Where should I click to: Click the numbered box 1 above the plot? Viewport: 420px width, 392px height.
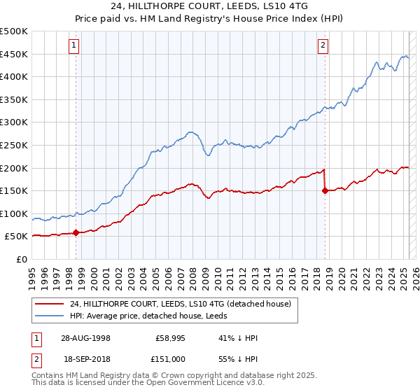[x=74, y=46]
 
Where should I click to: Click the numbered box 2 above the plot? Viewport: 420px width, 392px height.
[x=323, y=46]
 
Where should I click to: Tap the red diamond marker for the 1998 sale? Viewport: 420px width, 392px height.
[x=76, y=232]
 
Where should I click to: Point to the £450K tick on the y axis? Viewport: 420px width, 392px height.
[x=15, y=54]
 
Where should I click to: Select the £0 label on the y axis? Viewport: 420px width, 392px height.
[x=22, y=259]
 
